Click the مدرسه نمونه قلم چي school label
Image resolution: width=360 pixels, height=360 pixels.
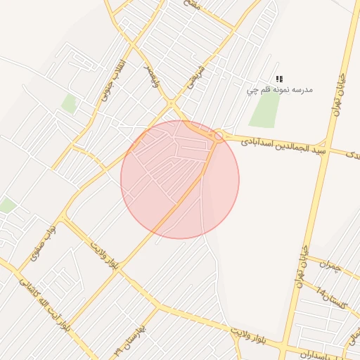279,90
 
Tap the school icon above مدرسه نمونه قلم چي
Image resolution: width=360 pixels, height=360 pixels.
279,79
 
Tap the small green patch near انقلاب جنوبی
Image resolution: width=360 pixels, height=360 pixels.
68,104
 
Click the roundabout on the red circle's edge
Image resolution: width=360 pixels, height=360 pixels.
219,136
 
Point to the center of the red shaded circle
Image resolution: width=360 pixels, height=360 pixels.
180,179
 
